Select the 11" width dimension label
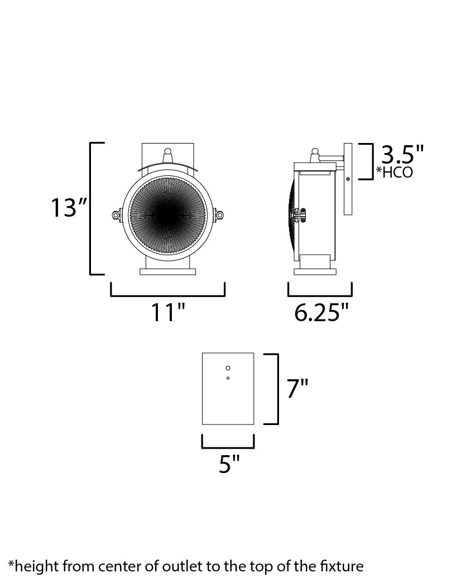tap(167, 313)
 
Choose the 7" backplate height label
tap(297, 389)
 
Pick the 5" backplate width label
tap(229, 464)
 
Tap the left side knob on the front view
tap(116, 214)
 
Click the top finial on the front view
tap(167, 154)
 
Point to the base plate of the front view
tap(167, 272)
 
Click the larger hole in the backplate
tap(228, 368)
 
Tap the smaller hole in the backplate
tap(228, 379)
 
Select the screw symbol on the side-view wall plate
tap(348, 179)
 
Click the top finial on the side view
tap(315, 152)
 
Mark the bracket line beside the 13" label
tap(91, 208)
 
